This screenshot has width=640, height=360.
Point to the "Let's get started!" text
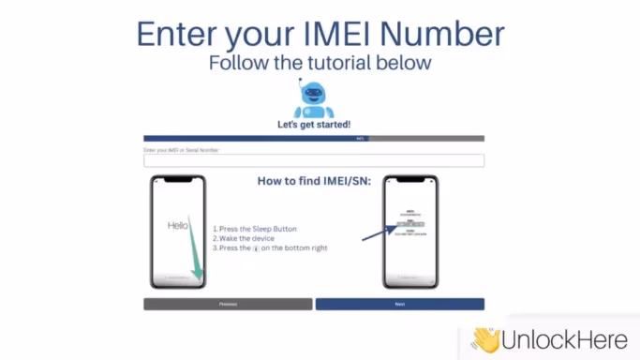314,125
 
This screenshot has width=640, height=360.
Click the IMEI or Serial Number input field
313,160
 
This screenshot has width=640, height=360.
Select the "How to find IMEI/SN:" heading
313,181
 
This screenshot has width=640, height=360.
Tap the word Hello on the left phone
178,226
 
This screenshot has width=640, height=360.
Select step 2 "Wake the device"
246,238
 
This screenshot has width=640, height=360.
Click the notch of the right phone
410,180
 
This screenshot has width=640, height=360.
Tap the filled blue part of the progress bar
253,139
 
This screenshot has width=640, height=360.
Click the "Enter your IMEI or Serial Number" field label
182,149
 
